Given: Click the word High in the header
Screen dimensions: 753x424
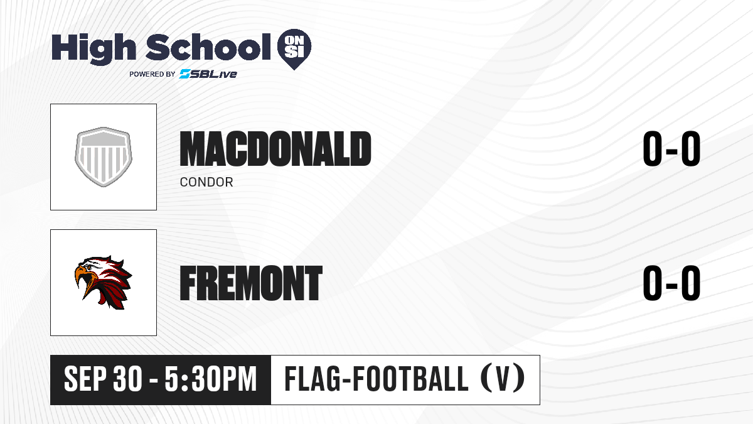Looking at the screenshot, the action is (x=93, y=48).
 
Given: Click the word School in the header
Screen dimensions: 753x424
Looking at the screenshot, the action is (x=208, y=47).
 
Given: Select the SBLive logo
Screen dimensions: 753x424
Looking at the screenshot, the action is (x=208, y=73).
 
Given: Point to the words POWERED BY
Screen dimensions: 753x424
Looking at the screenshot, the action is (x=152, y=74).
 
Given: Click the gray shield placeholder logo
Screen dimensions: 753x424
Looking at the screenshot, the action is (x=103, y=157).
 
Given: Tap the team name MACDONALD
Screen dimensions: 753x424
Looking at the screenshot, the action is (x=275, y=149).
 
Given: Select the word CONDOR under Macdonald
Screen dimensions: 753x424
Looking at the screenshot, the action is (x=206, y=182).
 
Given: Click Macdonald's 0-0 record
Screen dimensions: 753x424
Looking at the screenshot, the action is (x=671, y=149).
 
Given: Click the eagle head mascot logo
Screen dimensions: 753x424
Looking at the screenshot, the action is (x=103, y=282).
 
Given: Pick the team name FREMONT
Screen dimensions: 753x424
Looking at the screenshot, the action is (x=251, y=283).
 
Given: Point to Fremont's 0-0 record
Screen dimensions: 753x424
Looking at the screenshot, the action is (x=671, y=283).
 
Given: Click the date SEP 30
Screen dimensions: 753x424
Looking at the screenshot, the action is (x=103, y=379).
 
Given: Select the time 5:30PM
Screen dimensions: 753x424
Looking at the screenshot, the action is (x=211, y=379).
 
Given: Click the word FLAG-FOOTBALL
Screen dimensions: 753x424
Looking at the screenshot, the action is (x=376, y=378).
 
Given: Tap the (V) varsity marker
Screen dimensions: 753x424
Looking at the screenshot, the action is (x=503, y=378).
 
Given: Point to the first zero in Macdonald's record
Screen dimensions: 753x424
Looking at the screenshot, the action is (x=652, y=149).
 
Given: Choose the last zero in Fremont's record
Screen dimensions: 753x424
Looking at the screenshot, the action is (x=691, y=283).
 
